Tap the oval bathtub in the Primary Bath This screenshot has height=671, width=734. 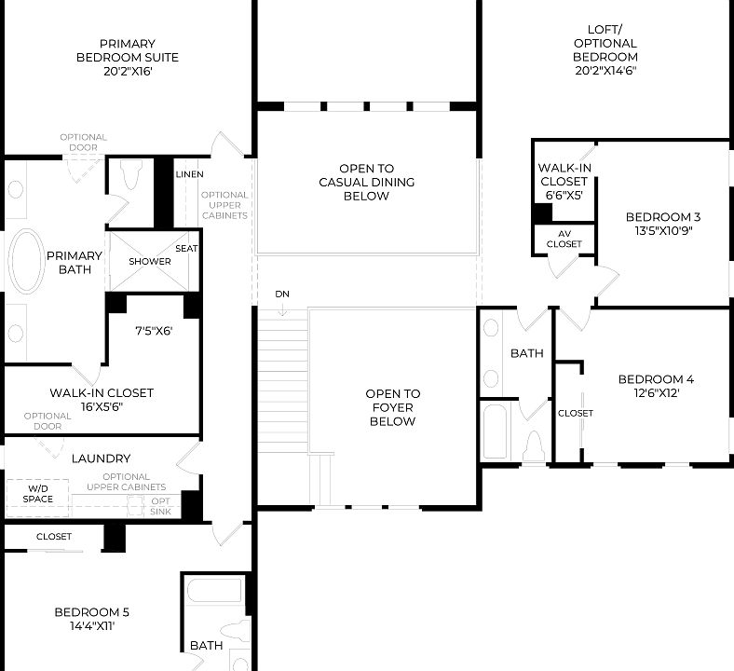(x=26, y=263)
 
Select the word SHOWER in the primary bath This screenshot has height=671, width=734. (x=150, y=261)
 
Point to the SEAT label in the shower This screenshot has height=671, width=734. (x=185, y=248)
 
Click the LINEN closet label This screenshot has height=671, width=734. (x=189, y=174)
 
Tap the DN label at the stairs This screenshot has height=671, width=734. (x=282, y=294)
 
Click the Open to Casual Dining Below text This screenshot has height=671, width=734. (x=366, y=183)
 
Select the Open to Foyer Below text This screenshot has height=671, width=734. (x=392, y=407)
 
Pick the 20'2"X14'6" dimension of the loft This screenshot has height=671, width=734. (x=605, y=70)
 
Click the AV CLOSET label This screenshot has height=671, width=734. (x=564, y=239)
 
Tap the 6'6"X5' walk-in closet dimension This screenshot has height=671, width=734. (x=563, y=195)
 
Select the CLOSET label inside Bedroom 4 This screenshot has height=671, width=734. (x=575, y=413)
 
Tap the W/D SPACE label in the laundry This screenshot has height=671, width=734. (x=37, y=493)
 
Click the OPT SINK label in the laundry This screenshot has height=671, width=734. (x=161, y=506)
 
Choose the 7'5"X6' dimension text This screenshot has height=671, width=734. (x=154, y=330)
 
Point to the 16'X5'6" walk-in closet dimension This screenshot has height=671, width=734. (x=102, y=406)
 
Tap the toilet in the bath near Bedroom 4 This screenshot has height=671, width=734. (x=535, y=445)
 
